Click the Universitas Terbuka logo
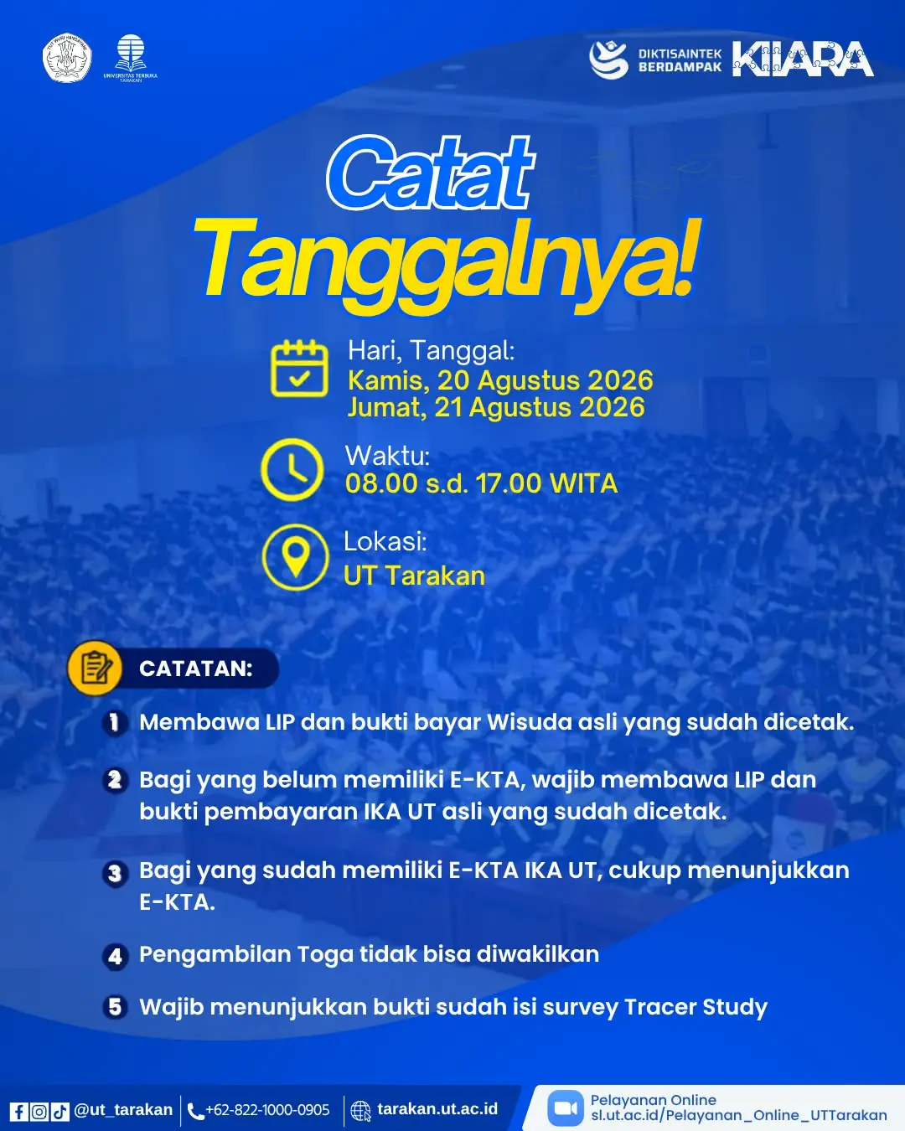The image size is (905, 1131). click(131, 58)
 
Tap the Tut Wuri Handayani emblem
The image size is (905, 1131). click(67, 59)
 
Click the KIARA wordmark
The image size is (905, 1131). click(803, 59)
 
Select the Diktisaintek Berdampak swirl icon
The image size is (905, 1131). click(608, 59)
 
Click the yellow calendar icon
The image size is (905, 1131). click(299, 368)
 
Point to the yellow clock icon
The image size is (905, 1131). click(292, 469)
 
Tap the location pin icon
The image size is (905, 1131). click(296, 557)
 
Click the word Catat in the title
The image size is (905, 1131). click(431, 173)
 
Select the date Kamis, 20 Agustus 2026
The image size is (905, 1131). click(500, 380)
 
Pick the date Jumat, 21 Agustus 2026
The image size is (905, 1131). click(496, 407)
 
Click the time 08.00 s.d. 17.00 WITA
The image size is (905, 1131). click(481, 483)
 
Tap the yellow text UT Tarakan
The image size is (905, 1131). click(415, 576)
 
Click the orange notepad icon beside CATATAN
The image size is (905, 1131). click(95, 668)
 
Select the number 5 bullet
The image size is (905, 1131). click(115, 1007)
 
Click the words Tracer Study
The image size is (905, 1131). click(696, 1007)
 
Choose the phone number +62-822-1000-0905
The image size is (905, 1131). click(267, 1110)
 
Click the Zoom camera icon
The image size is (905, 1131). click(566, 1108)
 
